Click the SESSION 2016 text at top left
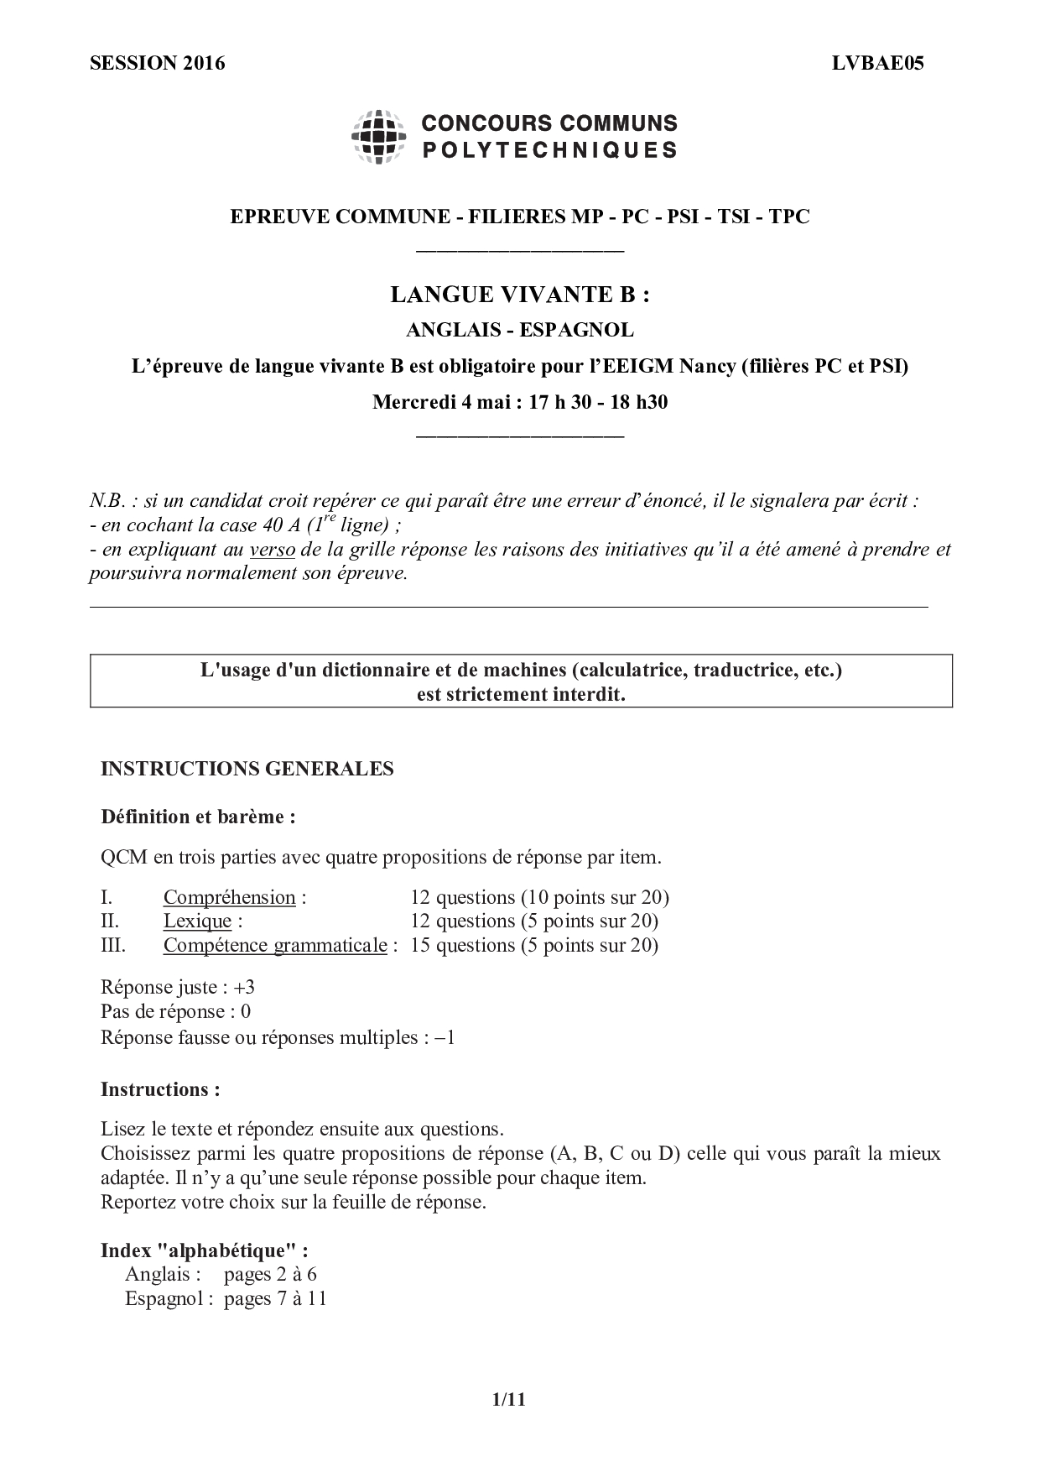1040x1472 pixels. coord(157,64)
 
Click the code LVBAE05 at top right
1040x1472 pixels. coord(878,64)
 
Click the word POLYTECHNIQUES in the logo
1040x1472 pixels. coord(549,151)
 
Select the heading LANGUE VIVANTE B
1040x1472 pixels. coord(520,295)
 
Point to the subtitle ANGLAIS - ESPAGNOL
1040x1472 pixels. coord(520,331)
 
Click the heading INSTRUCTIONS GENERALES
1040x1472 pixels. coord(247,769)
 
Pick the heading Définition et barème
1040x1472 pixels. coord(197,817)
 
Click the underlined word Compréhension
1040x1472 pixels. coord(229,898)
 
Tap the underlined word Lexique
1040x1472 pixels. coord(197,921)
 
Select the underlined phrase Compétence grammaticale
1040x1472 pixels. coord(275,946)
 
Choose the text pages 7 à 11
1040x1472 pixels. coord(275,1299)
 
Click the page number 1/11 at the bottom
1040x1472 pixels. coord(508,1399)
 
